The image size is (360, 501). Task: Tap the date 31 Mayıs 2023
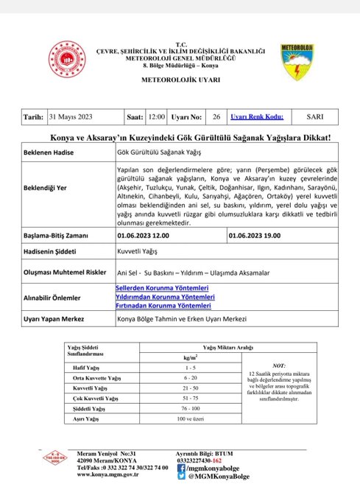point(80,116)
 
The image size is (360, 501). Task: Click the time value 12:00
point(156,116)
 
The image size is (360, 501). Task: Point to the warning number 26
point(216,116)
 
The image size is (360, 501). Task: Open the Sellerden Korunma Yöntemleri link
point(162,287)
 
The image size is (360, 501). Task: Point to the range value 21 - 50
point(191,387)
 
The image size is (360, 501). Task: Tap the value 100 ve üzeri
point(191,418)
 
